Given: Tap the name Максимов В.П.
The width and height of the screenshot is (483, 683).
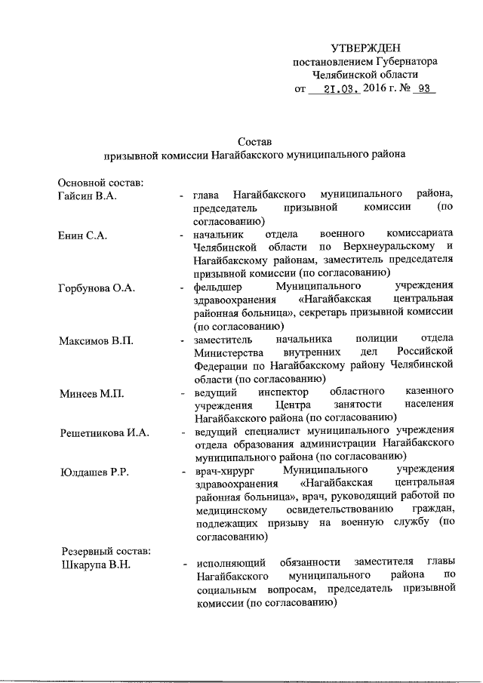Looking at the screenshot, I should click(x=96, y=340).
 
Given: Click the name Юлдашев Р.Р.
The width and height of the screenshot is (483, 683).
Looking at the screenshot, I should click(x=94, y=472).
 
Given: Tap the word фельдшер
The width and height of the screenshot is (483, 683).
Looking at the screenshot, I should click(x=220, y=288).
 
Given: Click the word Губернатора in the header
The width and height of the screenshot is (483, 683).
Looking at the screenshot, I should click(x=408, y=61).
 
